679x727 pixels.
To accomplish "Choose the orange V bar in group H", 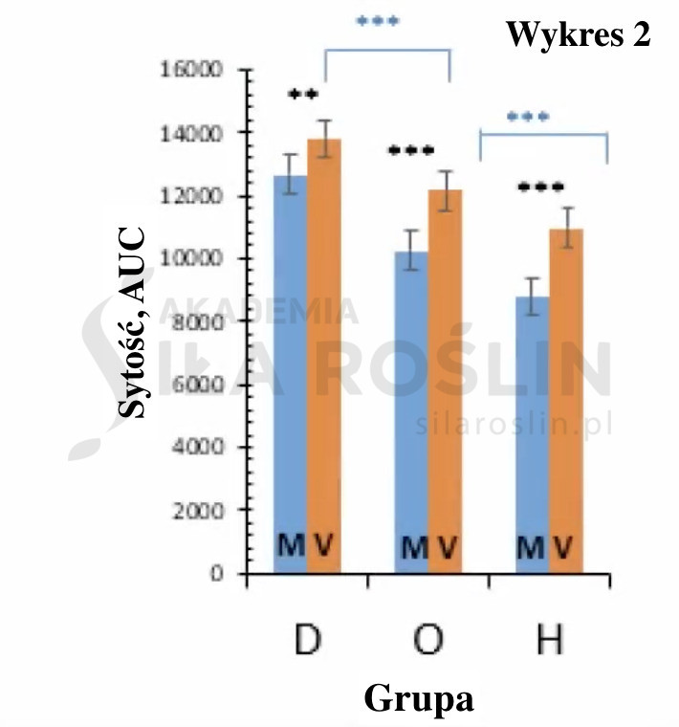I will [x=565, y=402].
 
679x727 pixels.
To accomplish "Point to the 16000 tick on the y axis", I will [x=197, y=70].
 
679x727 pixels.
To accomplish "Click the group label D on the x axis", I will [x=306, y=640].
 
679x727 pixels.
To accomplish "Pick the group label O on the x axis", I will [x=428, y=640].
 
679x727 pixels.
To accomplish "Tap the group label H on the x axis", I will [x=549, y=640].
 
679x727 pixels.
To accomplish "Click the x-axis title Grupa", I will [x=419, y=698].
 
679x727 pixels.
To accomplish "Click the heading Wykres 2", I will [x=578, y=35].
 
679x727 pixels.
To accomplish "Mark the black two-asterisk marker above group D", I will [x=302, y=95].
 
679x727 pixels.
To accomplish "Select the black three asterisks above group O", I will [x=411, y=151].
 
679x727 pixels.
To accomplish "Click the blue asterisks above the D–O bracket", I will [x=378, y=21].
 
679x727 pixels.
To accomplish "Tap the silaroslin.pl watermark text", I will [x=514, y=424].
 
